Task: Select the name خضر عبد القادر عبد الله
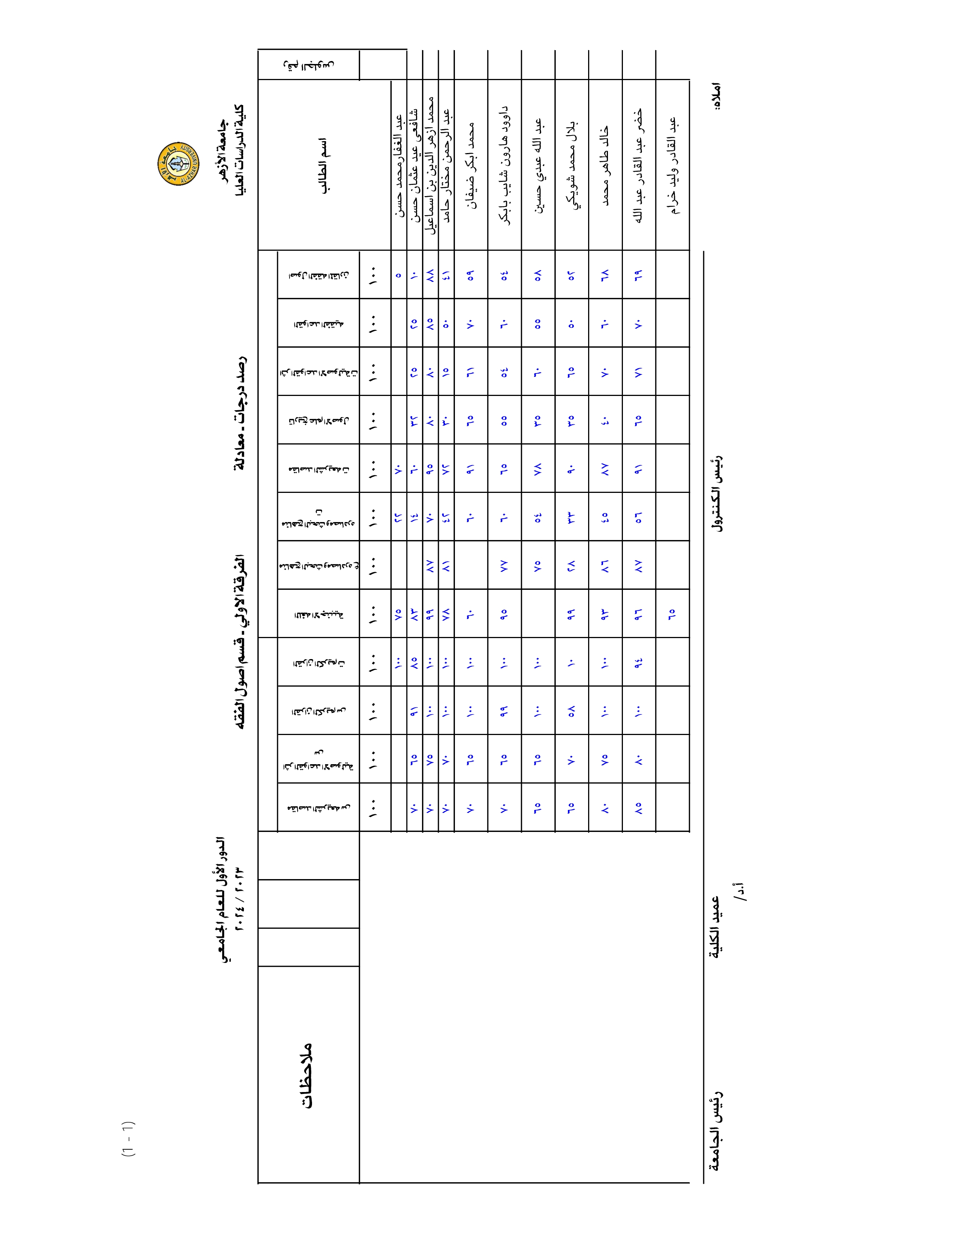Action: pos(639,165)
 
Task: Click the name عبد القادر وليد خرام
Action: pos(673,165)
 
